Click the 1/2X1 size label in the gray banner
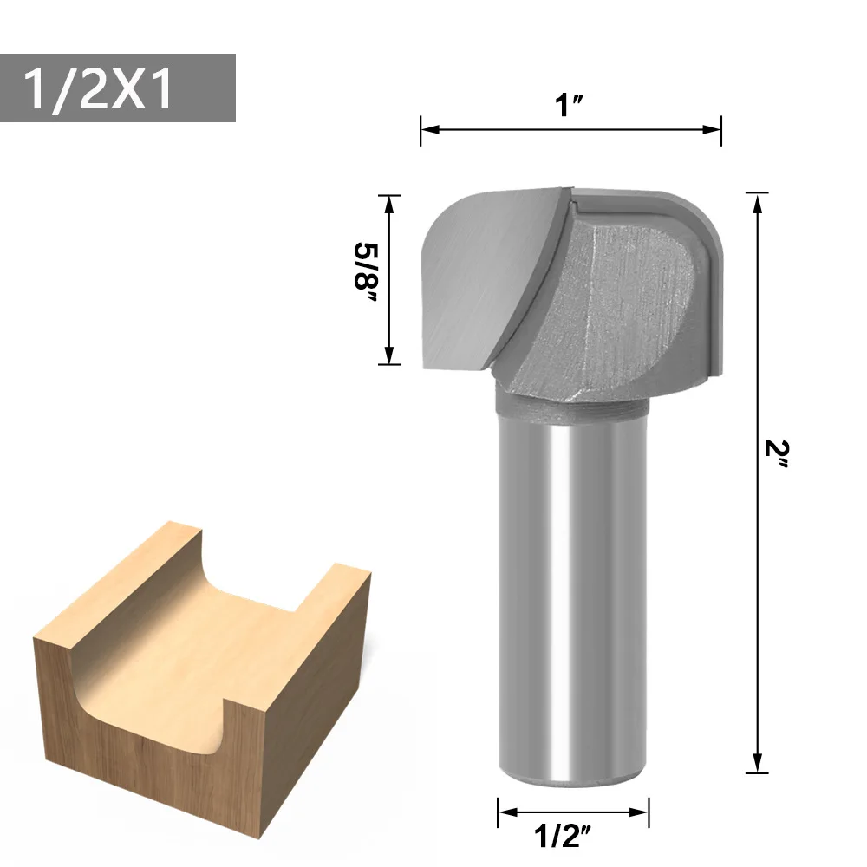click(99, 88)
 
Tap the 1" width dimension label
click(569, 105)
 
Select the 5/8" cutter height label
click(366, 272)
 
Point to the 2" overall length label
click(777, 454)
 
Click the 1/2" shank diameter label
click(563, 835)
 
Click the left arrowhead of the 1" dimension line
click(431, 129)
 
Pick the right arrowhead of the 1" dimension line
click(711, 129)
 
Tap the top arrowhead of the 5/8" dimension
click(389, 205)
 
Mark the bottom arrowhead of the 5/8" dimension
click(389, 355)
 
